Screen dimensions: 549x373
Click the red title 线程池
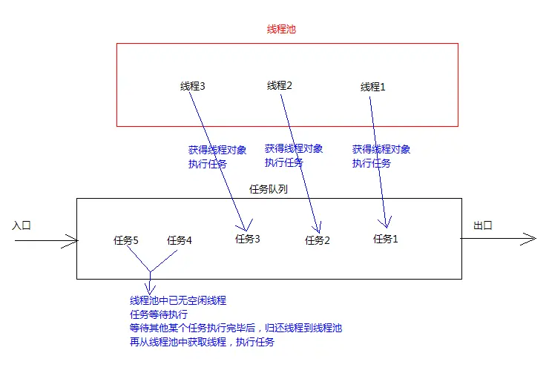[282, 30]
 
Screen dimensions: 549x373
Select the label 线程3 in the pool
[192, 86]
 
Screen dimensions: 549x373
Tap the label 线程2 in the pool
[280, 85]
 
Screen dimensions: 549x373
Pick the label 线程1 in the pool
[373, 87]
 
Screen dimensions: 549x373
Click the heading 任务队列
[269, 189]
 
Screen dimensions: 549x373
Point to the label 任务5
[126, 240]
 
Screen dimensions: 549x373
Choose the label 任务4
[180, 240]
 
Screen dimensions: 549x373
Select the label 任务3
[248, 239]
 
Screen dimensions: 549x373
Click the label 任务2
[318, 240]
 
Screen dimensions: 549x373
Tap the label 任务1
[386, 239]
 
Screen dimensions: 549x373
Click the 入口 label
[22, 224]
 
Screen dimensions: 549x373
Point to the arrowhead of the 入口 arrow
[74, 240]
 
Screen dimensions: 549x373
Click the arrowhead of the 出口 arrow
[531, 239]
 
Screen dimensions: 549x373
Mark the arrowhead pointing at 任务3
[243, 227]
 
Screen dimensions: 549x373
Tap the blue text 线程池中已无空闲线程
[178, 300]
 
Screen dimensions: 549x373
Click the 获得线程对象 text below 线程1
[381, 149]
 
